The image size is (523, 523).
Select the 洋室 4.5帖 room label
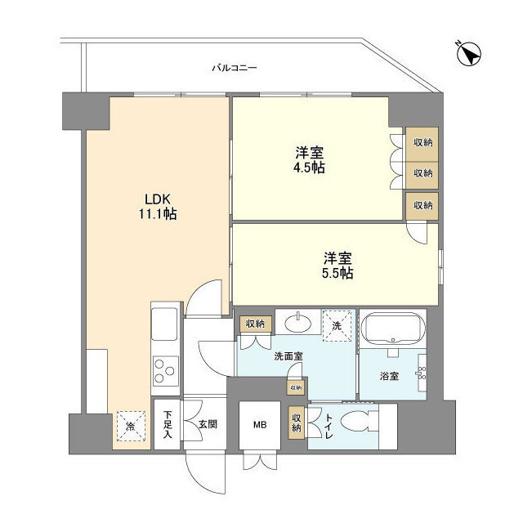(x=311, y=160)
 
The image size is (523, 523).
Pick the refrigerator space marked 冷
(x=131, y=425)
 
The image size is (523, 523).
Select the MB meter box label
(x=259, y=425)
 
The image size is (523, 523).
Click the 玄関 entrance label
(x=207, y=425)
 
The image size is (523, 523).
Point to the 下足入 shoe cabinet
(x=167, y=425)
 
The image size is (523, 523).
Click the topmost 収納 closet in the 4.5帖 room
(x=422, y=141)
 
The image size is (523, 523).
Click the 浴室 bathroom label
(x=390, y=378)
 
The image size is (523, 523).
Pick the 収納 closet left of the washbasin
(x=254, y=324)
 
